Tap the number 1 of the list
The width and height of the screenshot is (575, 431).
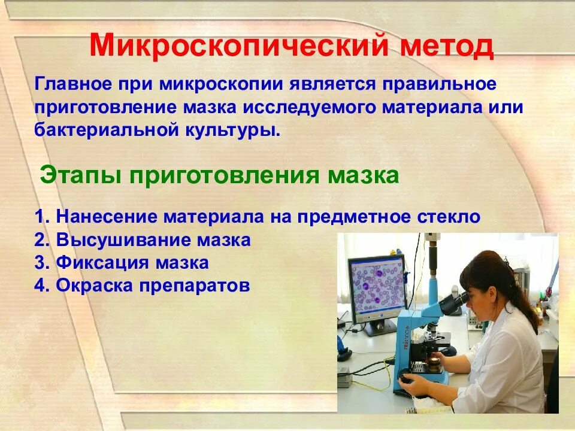(39, 217)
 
